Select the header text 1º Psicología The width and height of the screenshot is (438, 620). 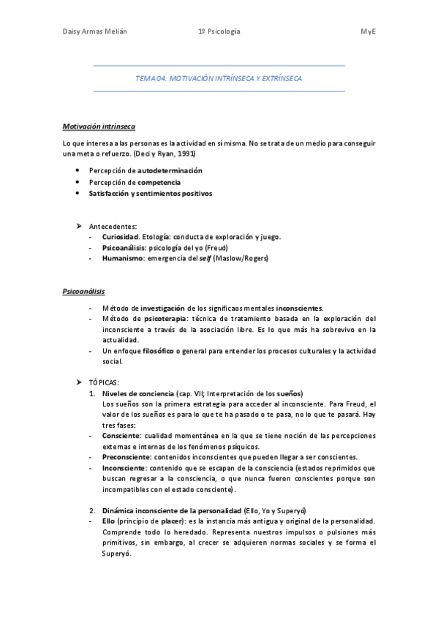(x=219, y=31)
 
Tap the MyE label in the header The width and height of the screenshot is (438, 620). (x=367, y=31)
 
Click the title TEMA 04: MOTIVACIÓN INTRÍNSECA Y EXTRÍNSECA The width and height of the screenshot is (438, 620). (x=219, y=78)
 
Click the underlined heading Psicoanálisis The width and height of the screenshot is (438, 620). (x=84, y=291)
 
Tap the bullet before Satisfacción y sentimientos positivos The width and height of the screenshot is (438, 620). (x=77, y=194)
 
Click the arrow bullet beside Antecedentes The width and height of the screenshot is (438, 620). (x=78, y=225)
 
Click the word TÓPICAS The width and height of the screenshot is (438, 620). (x=103, y=382)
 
